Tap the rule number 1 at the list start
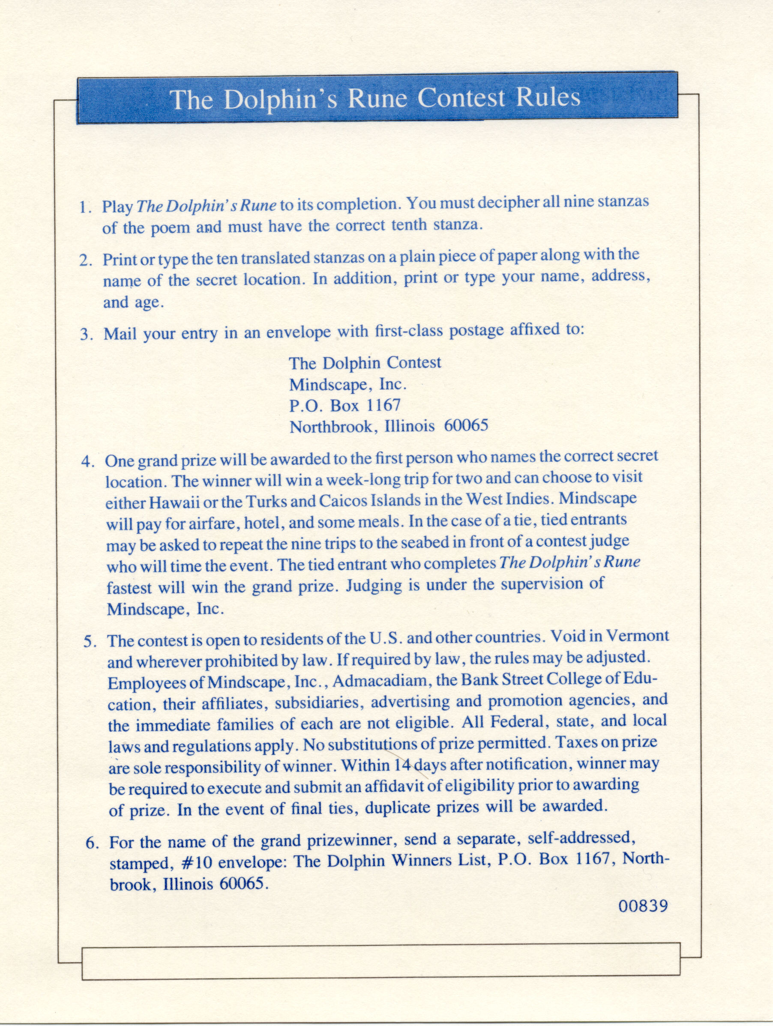pyautogui.click(x=84, y=207)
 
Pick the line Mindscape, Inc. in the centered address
pyautogui.click(x=348, y=385)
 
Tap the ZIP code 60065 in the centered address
pyautogui.click(x=466, y=426)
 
